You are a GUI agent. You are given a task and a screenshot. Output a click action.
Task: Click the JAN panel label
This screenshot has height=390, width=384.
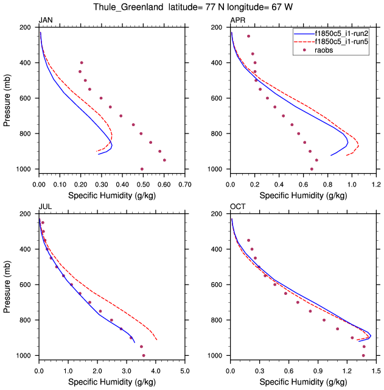pos(46,21)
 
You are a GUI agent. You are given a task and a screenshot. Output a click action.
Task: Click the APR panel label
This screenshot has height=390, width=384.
pos(237,21)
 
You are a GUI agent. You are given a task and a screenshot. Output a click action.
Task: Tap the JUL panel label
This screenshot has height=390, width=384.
pos(45,207)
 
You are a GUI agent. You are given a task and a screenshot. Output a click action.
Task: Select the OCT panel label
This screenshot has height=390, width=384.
pos(237,207)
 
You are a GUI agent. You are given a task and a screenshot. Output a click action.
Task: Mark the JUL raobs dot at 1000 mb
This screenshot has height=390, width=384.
pos(144,355)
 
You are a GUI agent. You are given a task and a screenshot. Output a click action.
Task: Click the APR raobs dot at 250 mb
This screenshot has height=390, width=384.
pos(248,37)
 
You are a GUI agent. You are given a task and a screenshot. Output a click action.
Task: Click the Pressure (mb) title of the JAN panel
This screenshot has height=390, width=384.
pos(7,98)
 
